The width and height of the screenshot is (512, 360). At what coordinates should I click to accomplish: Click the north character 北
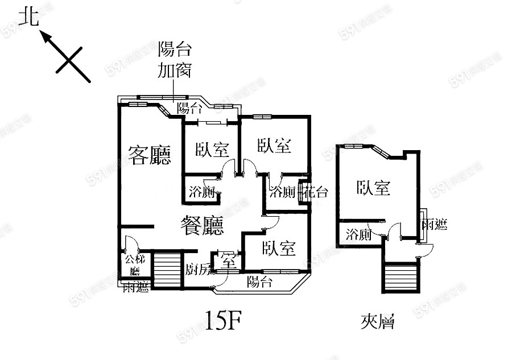[x=28, y=18]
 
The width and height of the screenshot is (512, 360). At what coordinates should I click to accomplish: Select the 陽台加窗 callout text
[x=174, y=60]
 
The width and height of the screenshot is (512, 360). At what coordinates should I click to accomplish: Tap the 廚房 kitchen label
[x=199, y=268]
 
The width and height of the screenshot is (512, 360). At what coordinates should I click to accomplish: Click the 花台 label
[x=316, y=192]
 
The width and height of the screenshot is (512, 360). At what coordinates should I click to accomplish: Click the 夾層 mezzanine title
[x=378, y=322]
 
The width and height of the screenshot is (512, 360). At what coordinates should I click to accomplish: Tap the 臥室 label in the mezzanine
[x=373, y=188]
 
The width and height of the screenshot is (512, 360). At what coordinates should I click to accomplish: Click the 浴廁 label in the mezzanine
[x=359, y=234]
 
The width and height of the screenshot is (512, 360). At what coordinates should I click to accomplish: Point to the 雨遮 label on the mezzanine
[x=433, y=225]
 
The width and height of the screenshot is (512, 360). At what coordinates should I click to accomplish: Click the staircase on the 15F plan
[x=167, y=270]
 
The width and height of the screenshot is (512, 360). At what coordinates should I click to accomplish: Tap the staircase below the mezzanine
[x=402, y=278]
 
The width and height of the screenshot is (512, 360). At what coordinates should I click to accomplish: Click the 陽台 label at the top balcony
[x=189, y=108]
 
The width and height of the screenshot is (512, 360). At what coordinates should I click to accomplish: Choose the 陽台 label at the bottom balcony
[x=259, y=282]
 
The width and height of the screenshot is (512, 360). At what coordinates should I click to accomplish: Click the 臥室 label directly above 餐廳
[x=212, y=150]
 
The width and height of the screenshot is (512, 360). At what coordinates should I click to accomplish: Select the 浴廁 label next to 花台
[x=282, y=192]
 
